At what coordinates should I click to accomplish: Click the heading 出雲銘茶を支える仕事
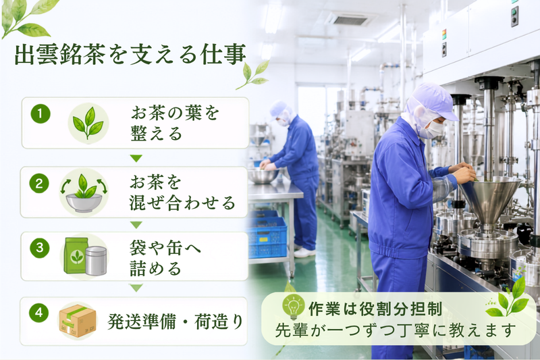[130, 54]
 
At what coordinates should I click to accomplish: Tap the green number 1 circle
[40, 113]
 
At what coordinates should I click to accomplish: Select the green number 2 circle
[39, 183]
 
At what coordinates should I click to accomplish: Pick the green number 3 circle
[40, 248]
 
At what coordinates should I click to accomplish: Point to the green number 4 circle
[38, 313]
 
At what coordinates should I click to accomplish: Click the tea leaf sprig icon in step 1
[88, 124]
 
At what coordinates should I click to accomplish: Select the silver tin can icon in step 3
[96, 261]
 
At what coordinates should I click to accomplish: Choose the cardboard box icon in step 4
[78, 321]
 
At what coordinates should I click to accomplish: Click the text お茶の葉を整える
[175, 123]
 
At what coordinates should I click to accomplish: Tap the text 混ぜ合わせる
[182, 203]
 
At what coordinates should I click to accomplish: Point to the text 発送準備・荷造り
[175, 321]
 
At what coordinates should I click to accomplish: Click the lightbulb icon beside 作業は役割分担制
[293, 307]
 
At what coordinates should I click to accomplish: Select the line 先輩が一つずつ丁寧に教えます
[395, 330]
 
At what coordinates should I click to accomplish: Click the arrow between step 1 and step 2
[136, 158]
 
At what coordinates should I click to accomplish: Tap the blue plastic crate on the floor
[267, 236]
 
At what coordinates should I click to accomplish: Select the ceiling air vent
[351, 19]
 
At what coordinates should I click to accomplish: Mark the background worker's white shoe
[305, 253]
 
